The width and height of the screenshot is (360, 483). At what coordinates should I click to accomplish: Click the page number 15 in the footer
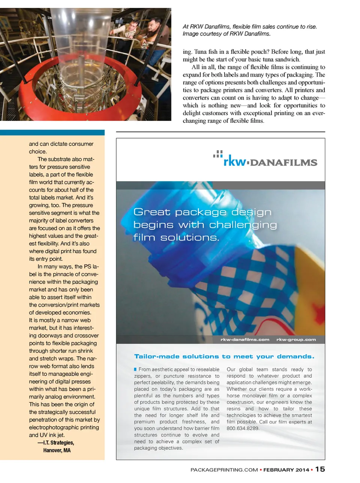(320, 469)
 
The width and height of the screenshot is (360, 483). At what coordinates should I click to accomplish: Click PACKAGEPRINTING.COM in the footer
(224, 470)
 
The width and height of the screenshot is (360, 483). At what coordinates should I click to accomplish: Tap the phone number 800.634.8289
(243, 428)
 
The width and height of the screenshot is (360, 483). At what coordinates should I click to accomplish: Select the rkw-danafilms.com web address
(245, 340)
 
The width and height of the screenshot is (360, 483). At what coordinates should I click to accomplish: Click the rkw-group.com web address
(296, 340)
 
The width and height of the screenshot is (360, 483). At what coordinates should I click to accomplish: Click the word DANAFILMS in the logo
(283, 163)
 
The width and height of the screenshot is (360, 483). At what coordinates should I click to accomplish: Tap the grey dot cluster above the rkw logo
(218, 153)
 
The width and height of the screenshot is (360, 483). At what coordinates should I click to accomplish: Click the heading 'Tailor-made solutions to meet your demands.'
(224, 357)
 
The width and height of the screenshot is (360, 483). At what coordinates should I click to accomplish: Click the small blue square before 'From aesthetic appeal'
(136, 370)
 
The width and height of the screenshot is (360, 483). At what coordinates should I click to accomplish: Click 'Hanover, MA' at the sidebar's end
(57, 450)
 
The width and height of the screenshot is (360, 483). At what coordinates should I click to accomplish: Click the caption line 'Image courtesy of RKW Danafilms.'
(226, 34)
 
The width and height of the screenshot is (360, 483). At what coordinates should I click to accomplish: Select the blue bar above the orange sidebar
(52, 132)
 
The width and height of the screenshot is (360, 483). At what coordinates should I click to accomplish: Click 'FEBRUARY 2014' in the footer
(286, 470)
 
